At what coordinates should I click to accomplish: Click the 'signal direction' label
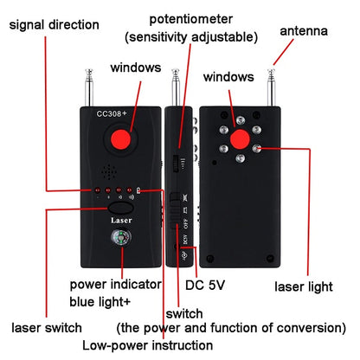[x=54, y=24]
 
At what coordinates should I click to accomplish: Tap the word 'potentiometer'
[x=190, y=18]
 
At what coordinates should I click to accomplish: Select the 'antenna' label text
[x=303, y=32]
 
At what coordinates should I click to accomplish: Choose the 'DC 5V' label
[x=206, y=284]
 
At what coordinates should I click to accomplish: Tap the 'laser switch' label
[x=46, y=328]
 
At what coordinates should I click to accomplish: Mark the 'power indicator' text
[x=113, y=285]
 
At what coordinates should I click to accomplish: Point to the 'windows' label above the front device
[x=134, y=67]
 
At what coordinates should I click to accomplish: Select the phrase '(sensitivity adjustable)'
[x=190, y=37]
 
